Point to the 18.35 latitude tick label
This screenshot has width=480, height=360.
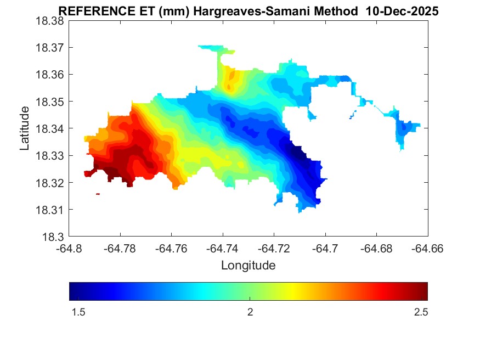click(50, 102)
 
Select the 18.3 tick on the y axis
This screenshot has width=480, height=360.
click(54, 237)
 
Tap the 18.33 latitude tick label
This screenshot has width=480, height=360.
click(50, 156)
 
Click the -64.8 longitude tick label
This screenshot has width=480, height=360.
click(69, 249)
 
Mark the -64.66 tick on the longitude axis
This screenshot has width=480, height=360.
click(428, 249)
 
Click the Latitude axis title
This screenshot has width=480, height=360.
click(25, 128)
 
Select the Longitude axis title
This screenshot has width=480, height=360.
click(248, 266)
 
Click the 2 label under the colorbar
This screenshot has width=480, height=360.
click(250, 312)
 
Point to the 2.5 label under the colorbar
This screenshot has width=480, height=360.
click(421, 312)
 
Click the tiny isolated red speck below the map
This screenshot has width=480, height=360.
click(98, 194)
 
